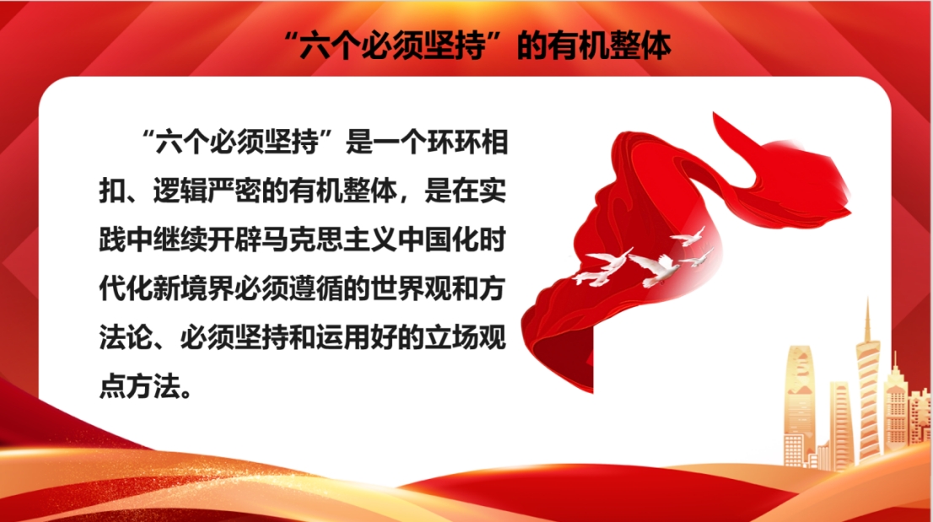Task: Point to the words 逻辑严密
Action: click(207, 191)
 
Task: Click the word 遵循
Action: click(316, 289)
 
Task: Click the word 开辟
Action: click(235, 240)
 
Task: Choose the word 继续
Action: click(181, 240)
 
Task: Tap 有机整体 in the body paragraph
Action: click(342, 191)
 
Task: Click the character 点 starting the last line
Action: click(113, 387)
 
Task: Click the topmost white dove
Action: click(688, 236)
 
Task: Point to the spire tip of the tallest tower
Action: click(867, 299)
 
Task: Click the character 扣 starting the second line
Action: click(113, 191)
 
